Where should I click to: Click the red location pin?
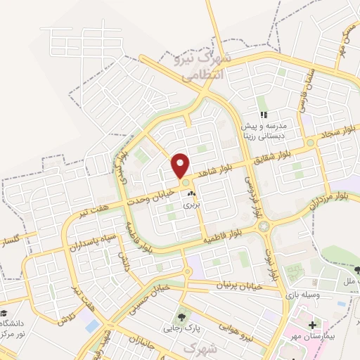(181, 165)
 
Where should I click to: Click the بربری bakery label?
(191, 206)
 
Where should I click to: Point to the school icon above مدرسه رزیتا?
(264, 115)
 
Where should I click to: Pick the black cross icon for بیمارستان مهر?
(311, 324)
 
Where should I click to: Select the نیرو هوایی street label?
(232, 337)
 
